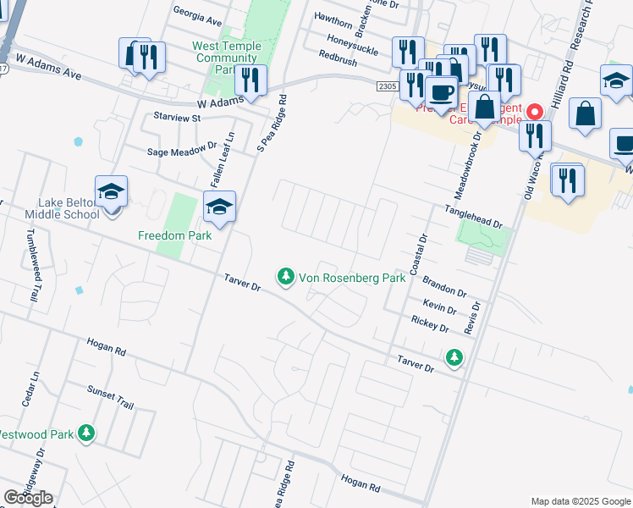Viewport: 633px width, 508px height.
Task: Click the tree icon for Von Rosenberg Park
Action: pyautogui.click(x=287, y=277)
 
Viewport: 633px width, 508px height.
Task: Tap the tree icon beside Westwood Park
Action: pyautogui.click(x=85, y=433)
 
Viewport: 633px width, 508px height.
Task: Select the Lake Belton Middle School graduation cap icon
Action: pyautogui.click(x=111, y=191)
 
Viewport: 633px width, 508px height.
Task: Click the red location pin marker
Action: pyautogui.click(x=535, y=111)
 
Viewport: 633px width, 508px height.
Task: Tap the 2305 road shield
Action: pyautogui.click(x=387, y=86)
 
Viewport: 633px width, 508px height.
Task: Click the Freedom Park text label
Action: pyautogui.click(x=176, y=235)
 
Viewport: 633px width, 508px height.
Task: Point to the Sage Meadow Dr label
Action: pyautogui.click(x=182, y=150)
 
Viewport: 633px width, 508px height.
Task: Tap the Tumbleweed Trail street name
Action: pyautogui.click(x=33, y=265)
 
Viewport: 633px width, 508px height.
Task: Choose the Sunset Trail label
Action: pyautogui.click(x=110, y=396)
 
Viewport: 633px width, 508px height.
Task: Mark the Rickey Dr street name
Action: pyautogui.click(x=429, y=322)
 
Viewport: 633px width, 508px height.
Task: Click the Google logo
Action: pyautogui.click(x=28, y=498)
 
